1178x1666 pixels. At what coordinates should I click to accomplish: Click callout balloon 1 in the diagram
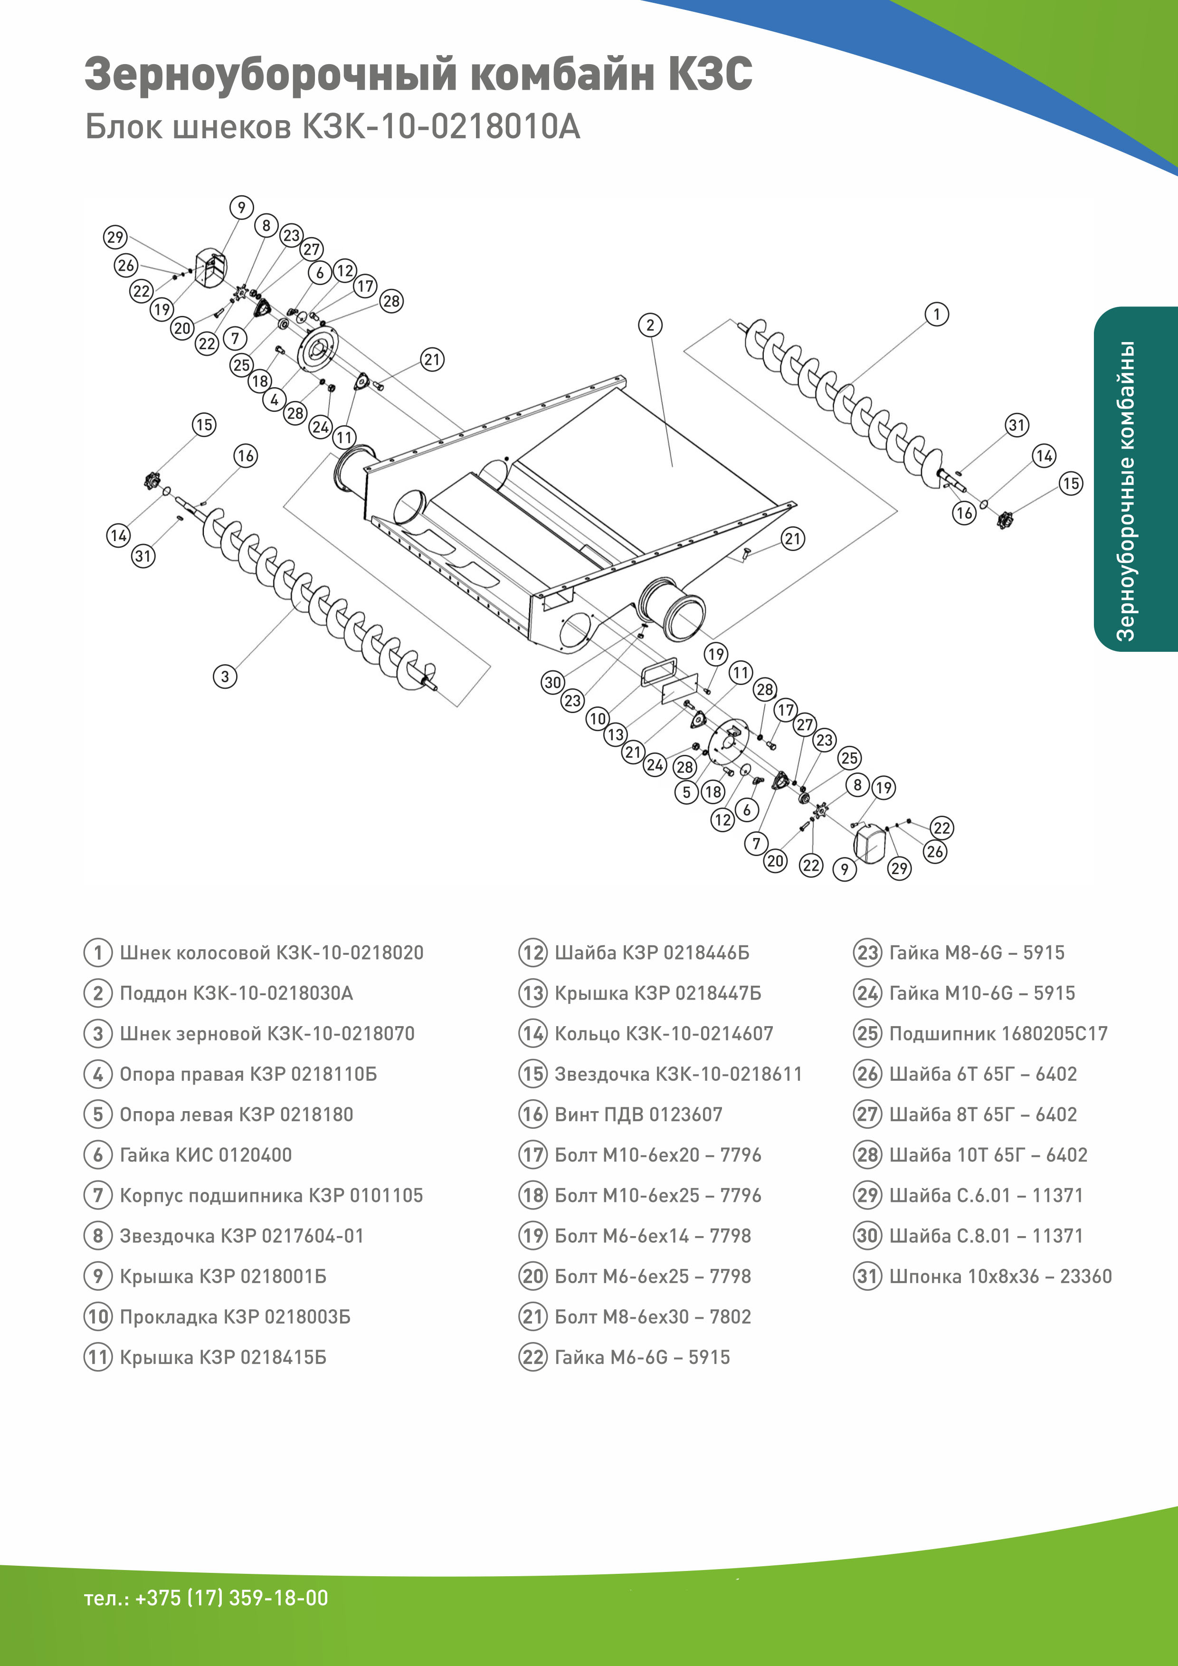(936, 314)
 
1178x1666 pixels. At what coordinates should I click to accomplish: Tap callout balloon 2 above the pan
(650, 325)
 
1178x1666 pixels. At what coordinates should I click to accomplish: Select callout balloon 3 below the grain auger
(225, 676)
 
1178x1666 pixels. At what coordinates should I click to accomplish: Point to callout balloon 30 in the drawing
(553, 682)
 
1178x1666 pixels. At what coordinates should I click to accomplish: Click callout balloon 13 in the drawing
(615, 734)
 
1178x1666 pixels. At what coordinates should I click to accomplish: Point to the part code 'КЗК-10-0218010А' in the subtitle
(440, 127)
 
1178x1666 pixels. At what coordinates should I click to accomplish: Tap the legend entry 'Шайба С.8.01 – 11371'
(986, 1236)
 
